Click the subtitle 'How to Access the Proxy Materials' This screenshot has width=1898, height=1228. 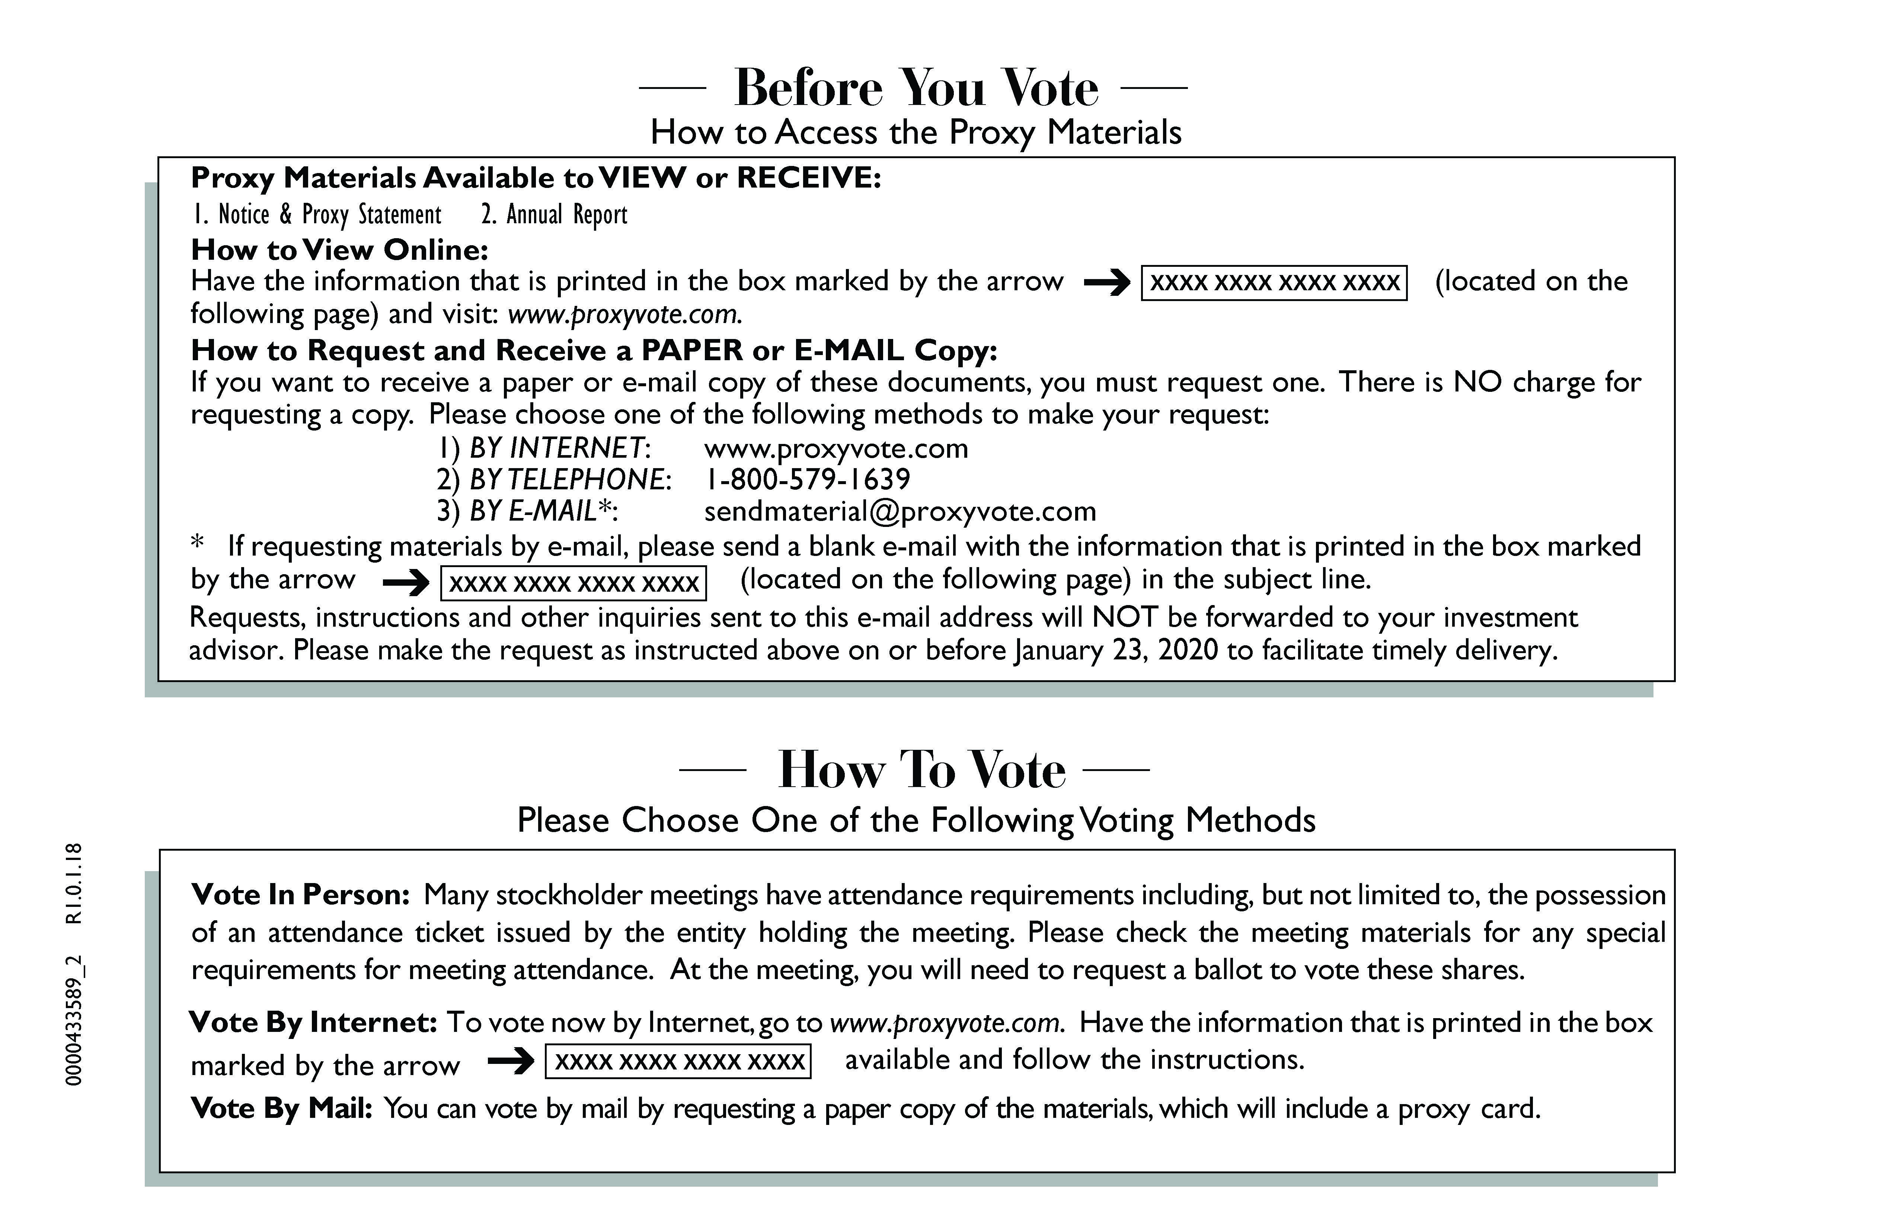click(916, 132)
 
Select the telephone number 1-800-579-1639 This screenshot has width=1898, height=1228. click(807, 479)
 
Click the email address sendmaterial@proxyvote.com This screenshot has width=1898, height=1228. click(900, 511)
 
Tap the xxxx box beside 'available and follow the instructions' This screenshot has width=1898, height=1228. click(678, 1061)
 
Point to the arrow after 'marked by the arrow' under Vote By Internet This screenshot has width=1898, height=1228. click(510, 1061)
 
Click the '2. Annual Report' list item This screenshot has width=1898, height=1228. click(554, 214)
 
